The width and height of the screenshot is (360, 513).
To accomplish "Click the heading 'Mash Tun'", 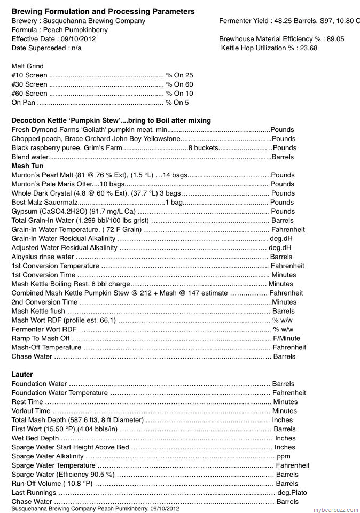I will (27, 166).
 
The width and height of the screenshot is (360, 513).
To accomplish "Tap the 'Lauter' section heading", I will (22, 375).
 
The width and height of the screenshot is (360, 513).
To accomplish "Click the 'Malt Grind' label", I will (27, 66).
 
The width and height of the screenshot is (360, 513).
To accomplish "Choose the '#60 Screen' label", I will (29, 94).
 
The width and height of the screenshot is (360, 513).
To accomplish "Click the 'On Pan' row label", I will (24, 103).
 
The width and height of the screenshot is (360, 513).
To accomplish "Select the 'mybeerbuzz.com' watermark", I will (335, 509).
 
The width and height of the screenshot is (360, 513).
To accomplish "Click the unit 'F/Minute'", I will (286, 338).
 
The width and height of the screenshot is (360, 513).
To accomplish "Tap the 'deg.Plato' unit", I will (292, 493).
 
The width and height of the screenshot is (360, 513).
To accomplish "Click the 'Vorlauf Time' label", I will (31, 411).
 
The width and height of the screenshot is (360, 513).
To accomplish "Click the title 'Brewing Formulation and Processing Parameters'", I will (103, 11).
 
